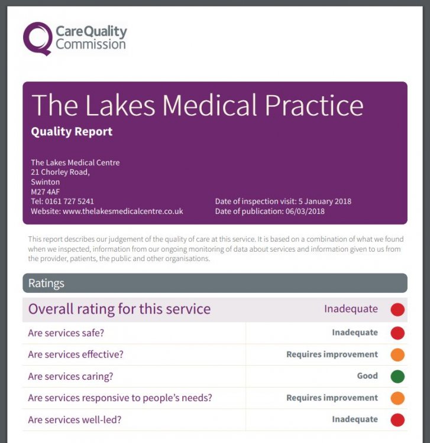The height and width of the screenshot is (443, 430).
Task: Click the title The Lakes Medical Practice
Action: (x=197, y=105)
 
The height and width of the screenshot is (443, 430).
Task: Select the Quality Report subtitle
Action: (x=72, y=132)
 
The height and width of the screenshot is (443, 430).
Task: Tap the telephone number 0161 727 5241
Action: (x=70, y=201)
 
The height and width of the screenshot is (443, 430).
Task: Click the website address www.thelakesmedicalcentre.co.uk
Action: (x=122, y=211)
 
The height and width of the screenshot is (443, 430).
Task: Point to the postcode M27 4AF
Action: (x=46, y=192)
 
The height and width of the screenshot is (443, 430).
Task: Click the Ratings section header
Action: (x=46, y=284)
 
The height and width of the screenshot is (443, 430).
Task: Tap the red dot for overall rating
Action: (x=397, y=309)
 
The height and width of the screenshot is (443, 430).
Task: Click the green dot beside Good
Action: (x=397, y=376)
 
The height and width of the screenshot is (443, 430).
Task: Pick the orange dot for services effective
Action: (x=397, y=355)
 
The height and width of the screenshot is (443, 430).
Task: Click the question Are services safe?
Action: (x=66, y=333)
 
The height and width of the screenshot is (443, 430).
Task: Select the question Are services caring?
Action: (x=70, y=376)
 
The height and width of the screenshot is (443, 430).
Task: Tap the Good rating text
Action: (x=367, y=376)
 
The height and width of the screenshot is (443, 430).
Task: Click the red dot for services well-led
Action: (x=397, y=420)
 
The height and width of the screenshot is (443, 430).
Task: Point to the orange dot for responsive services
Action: (x=397, y=398)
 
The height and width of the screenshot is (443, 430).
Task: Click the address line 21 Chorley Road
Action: (x=60, y=172)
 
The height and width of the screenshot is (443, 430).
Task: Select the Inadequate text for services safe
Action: (x=354, y=333)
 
